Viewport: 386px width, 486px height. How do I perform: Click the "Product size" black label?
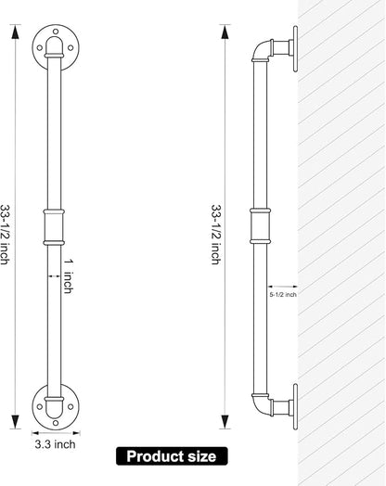tap(172, 456)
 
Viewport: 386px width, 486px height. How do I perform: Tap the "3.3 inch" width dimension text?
tap(55, 444)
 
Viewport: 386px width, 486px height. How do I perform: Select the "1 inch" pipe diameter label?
tap(69, 276)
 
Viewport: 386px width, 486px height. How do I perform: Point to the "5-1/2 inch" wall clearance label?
tap(283, 294)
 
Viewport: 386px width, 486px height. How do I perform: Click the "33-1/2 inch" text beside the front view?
tap(4, 235)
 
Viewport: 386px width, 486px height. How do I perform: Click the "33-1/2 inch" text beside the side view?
tap(216, 235)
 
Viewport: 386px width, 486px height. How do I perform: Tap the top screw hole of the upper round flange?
tap(56, 32)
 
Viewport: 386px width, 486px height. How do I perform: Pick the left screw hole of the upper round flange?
tap(40, 47)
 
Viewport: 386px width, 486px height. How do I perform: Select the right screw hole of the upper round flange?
tap(71, 47)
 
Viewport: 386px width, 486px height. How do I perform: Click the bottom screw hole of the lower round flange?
tap(56, 423)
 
